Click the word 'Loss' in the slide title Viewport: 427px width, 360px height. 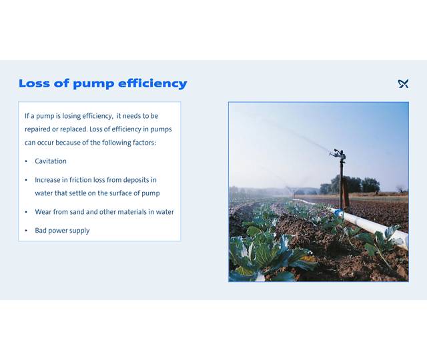(32, 84)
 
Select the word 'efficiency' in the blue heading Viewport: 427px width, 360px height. (153, 84)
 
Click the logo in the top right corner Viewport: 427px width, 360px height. (403, 83)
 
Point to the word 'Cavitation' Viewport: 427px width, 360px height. (51, 161)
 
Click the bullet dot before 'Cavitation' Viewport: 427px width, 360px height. (26, 161)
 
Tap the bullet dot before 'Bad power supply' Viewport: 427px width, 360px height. (26, 231)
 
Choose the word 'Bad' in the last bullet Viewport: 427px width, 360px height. (41, 231)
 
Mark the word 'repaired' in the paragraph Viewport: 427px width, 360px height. (37, 129)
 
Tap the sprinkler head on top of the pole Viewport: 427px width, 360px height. (340, 154)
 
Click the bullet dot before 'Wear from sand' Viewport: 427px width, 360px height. (26, 212)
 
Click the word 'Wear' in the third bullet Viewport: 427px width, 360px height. (43, 212)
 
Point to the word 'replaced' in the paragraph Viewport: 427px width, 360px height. (72, 129)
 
